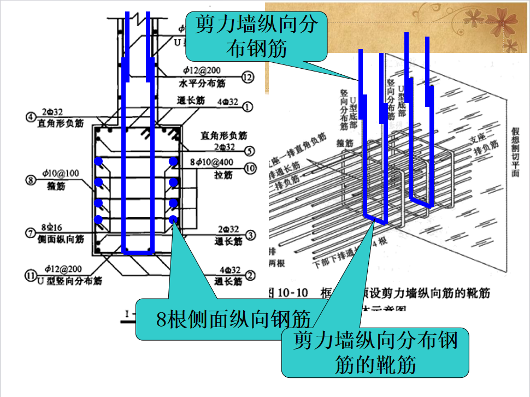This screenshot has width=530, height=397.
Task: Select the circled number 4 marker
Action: pyautogui.click(x=31, y=116)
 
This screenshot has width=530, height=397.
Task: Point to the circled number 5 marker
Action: pyautogui.click(x=249, y=151)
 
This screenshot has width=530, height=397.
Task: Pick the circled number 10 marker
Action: pyautogui.click(x=249, y=169)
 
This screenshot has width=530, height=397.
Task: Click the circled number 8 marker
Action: pyautogui.click(x=31, y=178)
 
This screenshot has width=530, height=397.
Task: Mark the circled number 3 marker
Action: pyautogui.click(x=250, y=235)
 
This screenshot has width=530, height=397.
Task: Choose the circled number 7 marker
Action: pyautogui.click(x=31, y=232)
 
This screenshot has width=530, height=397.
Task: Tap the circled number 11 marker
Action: pyautogui.click(x=31, y=275)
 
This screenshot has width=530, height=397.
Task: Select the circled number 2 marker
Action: pyautogui.click(x=250, y=275)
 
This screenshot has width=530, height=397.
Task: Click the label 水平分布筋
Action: pyautogui.click(x=203, y=84)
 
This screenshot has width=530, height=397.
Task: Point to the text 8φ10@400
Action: pyautogui.click(x=220, y=163)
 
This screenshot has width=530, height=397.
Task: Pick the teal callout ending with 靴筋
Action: pyautogui.click(x=375, y=352)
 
